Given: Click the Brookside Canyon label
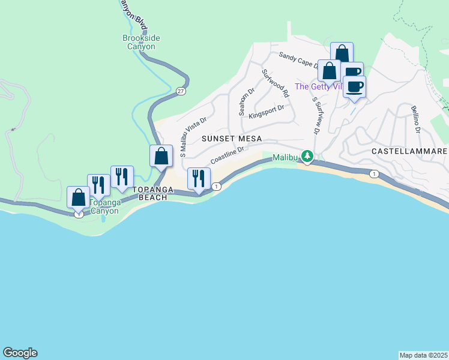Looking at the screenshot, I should (141, 42).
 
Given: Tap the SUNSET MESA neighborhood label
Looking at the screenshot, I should (232, 139).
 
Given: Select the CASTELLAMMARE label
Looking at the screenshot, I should (409, 151).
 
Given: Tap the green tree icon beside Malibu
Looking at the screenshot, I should (307, 157).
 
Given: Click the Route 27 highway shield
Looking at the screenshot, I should (181, 91).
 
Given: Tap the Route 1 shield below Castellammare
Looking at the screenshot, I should (375, 174).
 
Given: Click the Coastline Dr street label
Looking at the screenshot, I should (227, 158).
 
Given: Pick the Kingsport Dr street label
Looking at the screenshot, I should (266, 112).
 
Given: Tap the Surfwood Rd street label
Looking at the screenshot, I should (276, 83).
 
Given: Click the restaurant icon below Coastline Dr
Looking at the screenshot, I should (199, 178).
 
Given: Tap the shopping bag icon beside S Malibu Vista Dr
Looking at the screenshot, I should (161, 157).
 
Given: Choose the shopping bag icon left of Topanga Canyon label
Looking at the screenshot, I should (79, 197).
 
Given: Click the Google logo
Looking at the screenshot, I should (20, 353).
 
